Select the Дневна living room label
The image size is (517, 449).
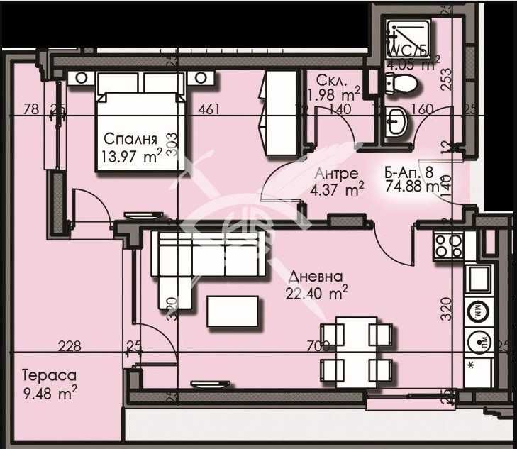click(316, 276)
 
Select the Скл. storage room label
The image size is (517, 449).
click(331, 79)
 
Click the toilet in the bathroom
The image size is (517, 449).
click(402, 85)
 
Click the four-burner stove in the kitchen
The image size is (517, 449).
click(448, 245)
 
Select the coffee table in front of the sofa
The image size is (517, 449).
click(233, 311)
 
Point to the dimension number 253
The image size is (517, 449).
click(445, 74)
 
